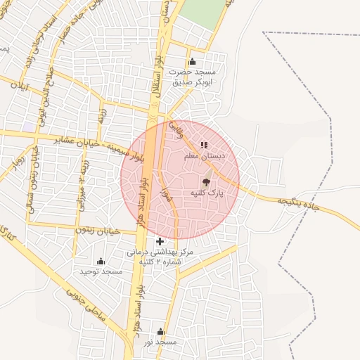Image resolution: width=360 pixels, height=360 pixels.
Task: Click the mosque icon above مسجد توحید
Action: click(x=101, y=261)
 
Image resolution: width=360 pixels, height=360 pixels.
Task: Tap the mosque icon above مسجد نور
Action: click(x=160, y=332)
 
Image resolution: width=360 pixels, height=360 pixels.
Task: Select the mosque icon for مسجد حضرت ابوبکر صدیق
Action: click(x=193, y=62)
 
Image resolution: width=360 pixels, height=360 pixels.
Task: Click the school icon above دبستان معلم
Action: click(x=204, y=146)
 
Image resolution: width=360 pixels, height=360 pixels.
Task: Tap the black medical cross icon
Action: click(x=160, y=241)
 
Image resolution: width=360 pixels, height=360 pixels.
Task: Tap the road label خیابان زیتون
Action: click(x=98, y=230)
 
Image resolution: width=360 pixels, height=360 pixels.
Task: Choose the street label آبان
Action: click(x=23, y=89)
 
